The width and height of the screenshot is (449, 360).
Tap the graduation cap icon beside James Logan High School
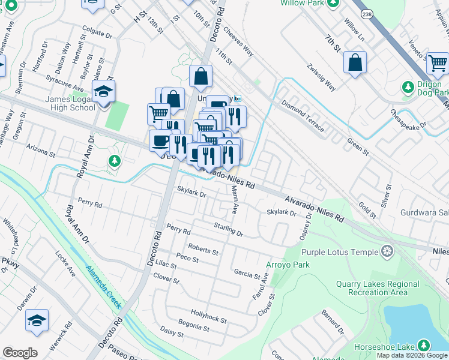(x=104, y=92)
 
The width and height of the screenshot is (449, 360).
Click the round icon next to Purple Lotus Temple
(x=388, y=251)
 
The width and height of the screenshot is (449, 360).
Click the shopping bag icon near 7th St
(x=355, y=62)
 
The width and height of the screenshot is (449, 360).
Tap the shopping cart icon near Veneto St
(x=438, y=63)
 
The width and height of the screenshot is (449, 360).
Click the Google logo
(x=20, y=353)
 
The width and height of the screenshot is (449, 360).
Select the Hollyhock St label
(x=208, y=316)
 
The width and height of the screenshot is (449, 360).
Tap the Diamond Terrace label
(x=302, y=116)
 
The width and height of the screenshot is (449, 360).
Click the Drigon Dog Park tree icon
(x=408, y=88)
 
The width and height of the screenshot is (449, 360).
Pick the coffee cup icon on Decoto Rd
(x=160, y=140)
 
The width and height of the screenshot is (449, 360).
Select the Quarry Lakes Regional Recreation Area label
(x=378, y=288)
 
